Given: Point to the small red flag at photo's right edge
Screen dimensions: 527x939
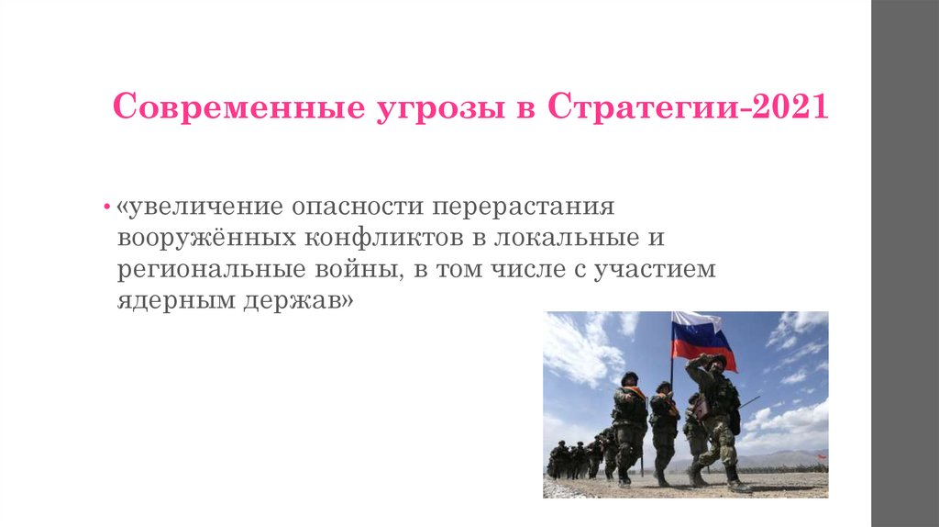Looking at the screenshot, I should tap(822, 456).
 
